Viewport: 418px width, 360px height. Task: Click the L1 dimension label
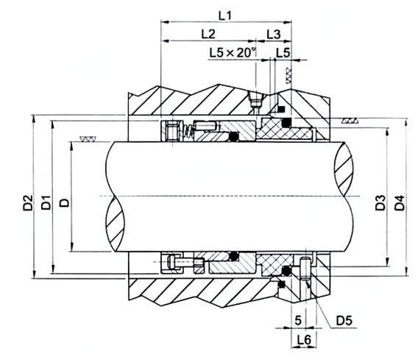coord(225,15)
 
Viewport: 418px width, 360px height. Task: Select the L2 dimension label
coord(208,34)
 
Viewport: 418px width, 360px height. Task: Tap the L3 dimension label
coord(274,35)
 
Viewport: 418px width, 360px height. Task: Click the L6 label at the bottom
coord(304,339)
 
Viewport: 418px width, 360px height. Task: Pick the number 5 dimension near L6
coord(298,320)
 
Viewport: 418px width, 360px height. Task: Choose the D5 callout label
coord(344,320)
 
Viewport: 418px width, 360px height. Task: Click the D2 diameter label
coord(28,203)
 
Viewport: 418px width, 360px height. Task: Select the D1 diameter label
coord(46,202)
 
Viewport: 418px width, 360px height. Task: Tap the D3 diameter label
coord(380,202)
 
